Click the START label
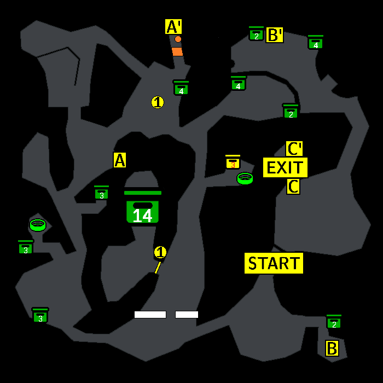274,263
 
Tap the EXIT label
285,167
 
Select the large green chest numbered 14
143,207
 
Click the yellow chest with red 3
233,162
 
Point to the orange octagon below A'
178,39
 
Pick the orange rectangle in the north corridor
177,52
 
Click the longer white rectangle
150,315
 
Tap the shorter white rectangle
187,315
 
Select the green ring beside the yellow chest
245,178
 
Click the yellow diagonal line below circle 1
158,268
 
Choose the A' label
173,27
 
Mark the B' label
275,35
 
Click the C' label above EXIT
294,148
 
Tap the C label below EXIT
293,187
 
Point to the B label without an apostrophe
332,348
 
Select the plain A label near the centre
120,160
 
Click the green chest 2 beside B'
256,33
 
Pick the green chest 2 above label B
334,322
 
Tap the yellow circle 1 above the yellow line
160,252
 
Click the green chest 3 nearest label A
102,193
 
